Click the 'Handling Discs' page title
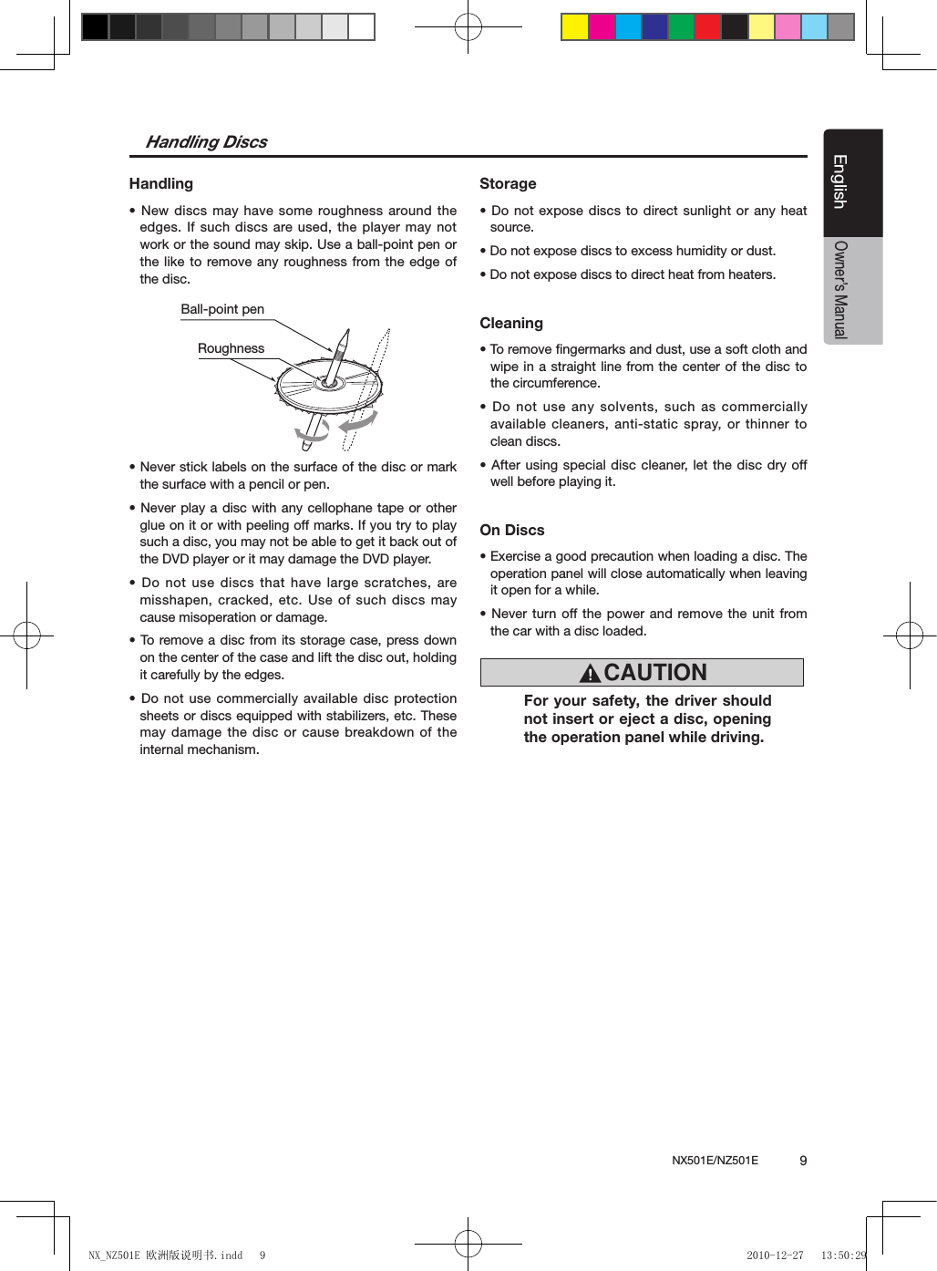pyautogui.click(x=206, y=141)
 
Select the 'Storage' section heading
pyautogui.click(x=508, y=183)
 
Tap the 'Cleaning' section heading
pyautogui.click(x=510, y=323)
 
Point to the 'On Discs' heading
pyautogui.click(x=511, y=530)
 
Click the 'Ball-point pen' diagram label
pyautogui.click(x=221, y=309)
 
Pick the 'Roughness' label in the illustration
pyautogui.click(x=231, y=348)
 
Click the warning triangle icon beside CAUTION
pyautogui.click(x=590, y=674)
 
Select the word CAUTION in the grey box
pyautogui.click(x=655, y=672)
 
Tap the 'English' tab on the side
pyautogui.click(x=840, y=181)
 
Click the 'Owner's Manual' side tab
pyautogui.click(x=840, y=290)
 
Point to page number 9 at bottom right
pyautogui.click(x=803, y=1161)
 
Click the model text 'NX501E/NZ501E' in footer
pyautogui.click(x=715, y=1161)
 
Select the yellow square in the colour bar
pyautogui.click(x=574, y=27)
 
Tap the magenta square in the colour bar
pyautogui.click(x=602, y=27)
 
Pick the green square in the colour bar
pyautogui.click(x=681, y=27)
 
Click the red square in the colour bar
pyautogui.click(x=707, y=27)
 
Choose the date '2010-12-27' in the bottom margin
pyautogui.click(x=775, y=1255)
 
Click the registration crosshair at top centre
pyautogui.click(x=468, y=27)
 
